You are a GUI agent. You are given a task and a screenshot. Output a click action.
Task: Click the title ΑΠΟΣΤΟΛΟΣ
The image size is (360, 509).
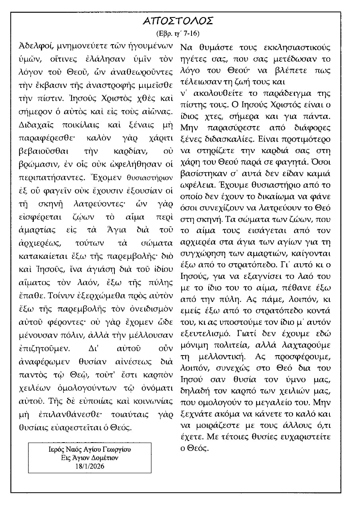coord(179,21)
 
